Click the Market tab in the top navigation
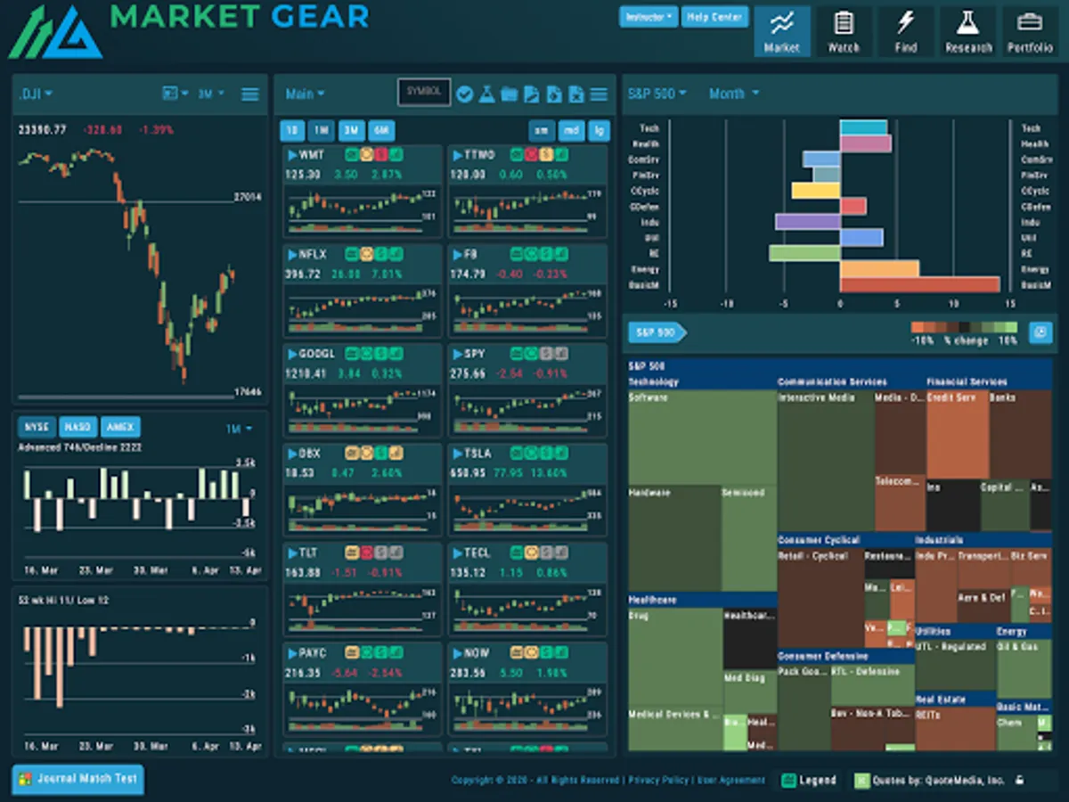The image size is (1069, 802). [x=781, y=32]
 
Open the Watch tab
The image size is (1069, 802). [x=844, y=32]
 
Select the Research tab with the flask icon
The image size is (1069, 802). [x=968, y=32]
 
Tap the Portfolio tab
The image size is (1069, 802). [x=1030, y=32]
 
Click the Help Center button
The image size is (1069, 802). [x=714, y=17]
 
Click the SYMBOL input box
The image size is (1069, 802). [x=424, y=92]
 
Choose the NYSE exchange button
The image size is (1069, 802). [x=37, y=427]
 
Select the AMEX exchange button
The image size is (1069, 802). [x=120, y=427]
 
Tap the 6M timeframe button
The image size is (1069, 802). [x=381, y=131]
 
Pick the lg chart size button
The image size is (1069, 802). [x=599, y=131]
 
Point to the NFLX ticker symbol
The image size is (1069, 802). [x=313, y=254]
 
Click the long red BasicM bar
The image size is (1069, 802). [x=919, y=285]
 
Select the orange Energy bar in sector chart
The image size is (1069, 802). [x=879, y=269]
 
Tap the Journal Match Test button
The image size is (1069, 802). [x=78, y=779]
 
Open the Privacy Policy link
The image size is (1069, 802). [x=658, y=781]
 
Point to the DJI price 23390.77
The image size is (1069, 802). [x=43, y=130]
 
